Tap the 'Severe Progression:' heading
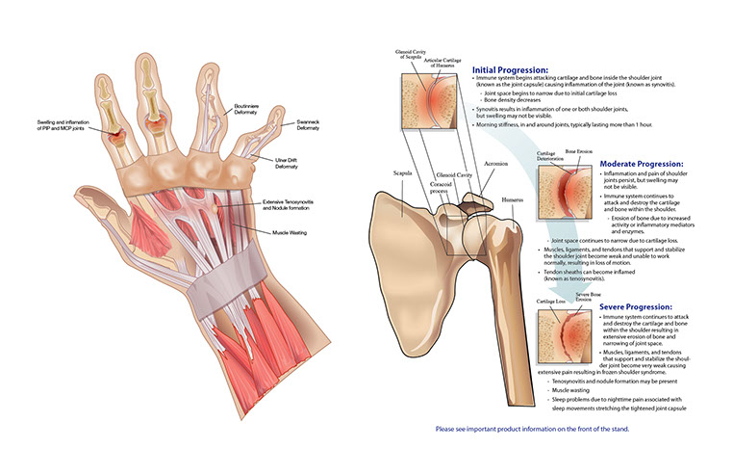pyautogui.click(x=641, y=309)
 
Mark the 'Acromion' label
pyautogui.click(x=496, y=165)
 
